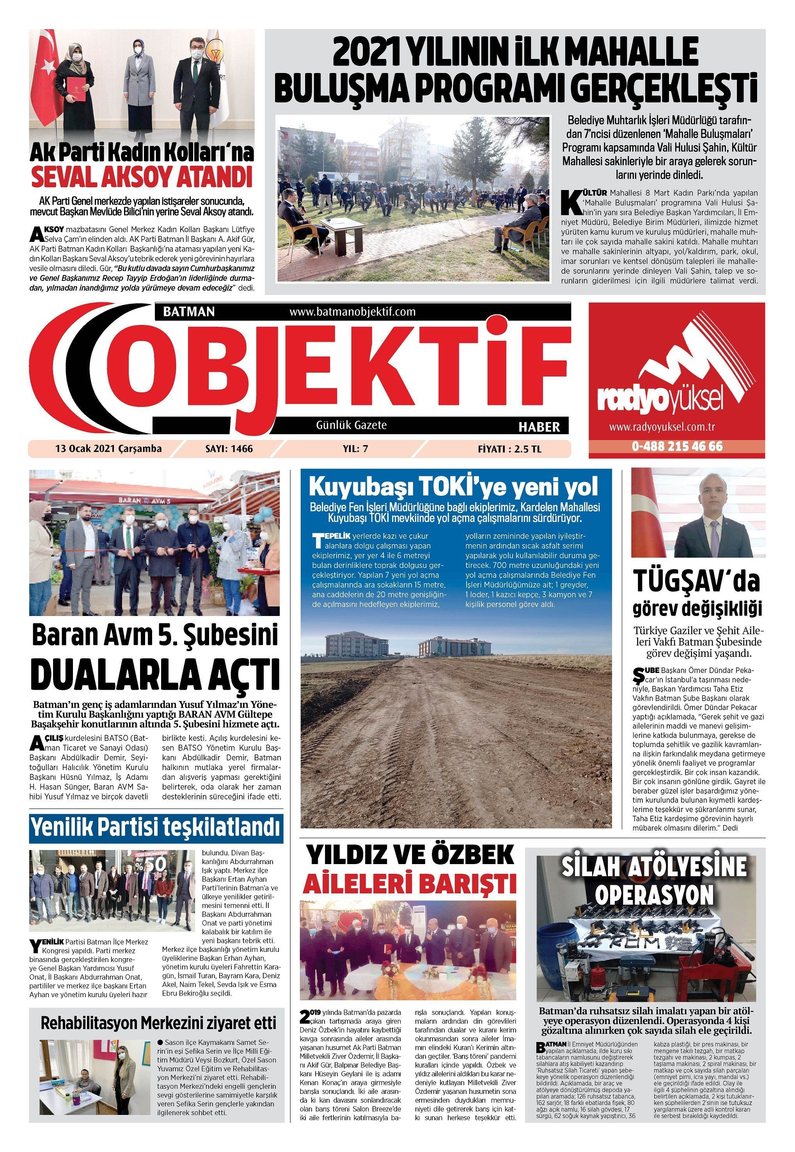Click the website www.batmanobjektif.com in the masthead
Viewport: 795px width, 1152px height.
tap(352, 312)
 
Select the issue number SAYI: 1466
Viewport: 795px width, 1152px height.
tap(229, 449)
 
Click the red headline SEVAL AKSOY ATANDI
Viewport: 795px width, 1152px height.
tap(142, 178)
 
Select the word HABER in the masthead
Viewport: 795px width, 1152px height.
tap(539, 427)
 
